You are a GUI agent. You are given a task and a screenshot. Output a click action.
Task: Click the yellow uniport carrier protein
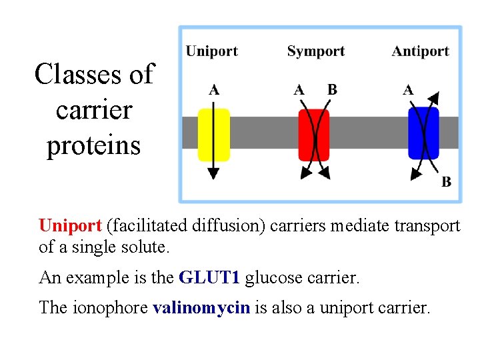coord(213,135)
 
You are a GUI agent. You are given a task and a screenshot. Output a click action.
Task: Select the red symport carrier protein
coord(313,135)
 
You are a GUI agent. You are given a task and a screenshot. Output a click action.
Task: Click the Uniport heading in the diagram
coord(211,51)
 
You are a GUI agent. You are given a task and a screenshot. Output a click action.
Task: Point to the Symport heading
coord(315,51)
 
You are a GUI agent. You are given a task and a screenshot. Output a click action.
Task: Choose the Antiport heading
coord(420,51)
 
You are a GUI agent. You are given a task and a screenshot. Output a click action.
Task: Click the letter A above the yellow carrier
coord(213,90)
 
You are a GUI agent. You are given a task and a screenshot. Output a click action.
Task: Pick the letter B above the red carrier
coord(332,90)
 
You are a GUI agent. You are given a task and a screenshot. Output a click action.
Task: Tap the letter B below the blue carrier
coord(446,181)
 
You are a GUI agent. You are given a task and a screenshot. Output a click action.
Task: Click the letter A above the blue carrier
coord(408,90)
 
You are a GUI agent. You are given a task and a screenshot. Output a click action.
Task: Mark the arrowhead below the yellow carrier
coord(213,173)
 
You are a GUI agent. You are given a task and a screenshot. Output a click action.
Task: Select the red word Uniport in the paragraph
coord(70,226)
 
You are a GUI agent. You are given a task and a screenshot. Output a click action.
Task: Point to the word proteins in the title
coord(93,145)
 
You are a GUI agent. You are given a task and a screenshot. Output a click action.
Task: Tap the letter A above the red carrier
coord(299,90)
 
